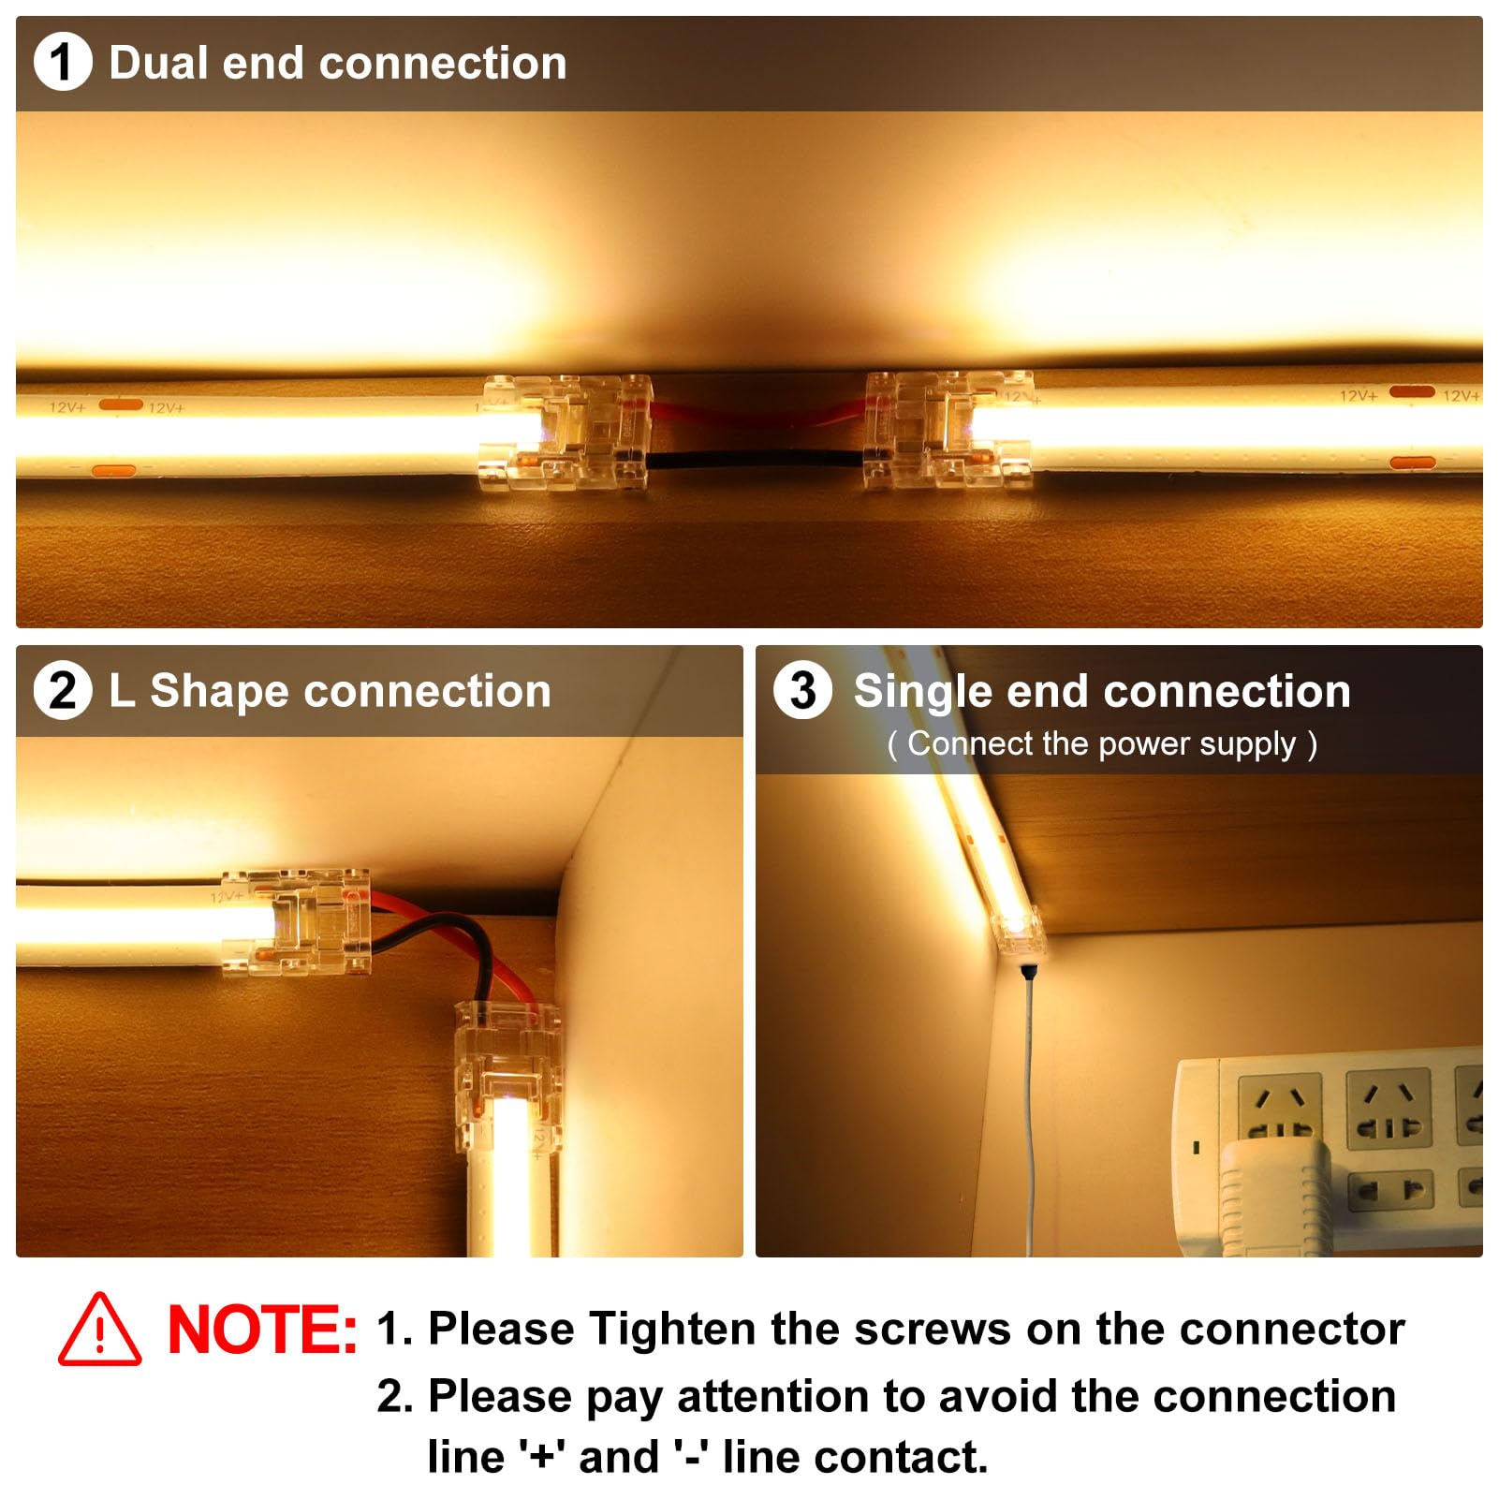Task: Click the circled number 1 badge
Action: [x=62, y=62]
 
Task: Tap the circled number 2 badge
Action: [x=62, y=691]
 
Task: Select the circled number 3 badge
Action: [x=802, y=691]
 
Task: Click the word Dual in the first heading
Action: [x=158, y=64]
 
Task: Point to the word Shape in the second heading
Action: [x=219, y=692]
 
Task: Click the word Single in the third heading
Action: [x=922, y=693]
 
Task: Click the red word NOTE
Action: [x=261, y=1330]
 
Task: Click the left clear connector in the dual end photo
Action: [x=565, y=433]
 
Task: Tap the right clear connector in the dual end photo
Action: [x=948, y=431]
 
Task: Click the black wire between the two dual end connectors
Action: [x=755, y=460]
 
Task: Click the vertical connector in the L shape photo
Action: [x=507, y=1058]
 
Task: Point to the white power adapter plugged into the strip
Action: [x=1276, y=1198]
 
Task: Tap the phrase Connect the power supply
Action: [x=1101, y=744]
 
